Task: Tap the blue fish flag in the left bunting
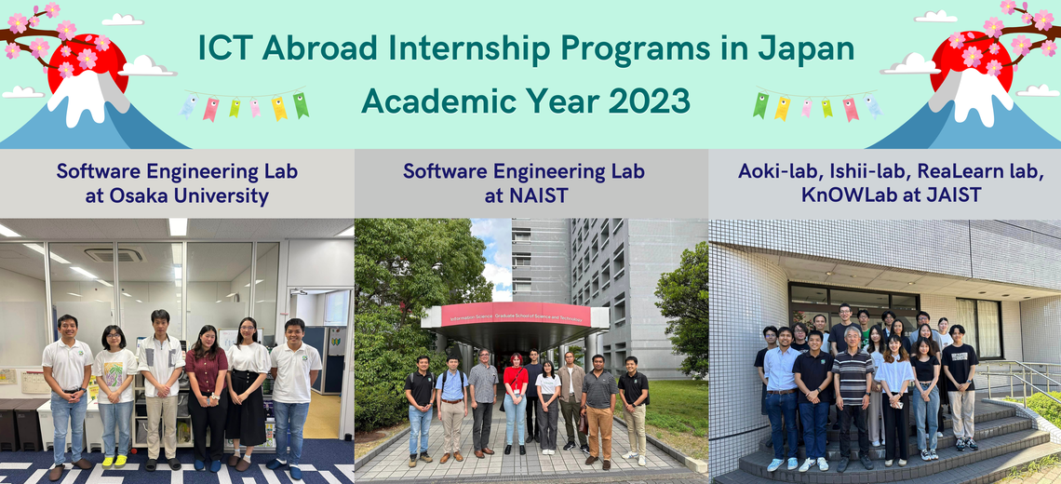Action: [x=189, y=106]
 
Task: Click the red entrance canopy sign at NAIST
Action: [x=515, y=316]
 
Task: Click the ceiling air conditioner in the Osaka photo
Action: [x=114, y=254]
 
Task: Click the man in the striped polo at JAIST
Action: [x=852, y=398]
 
